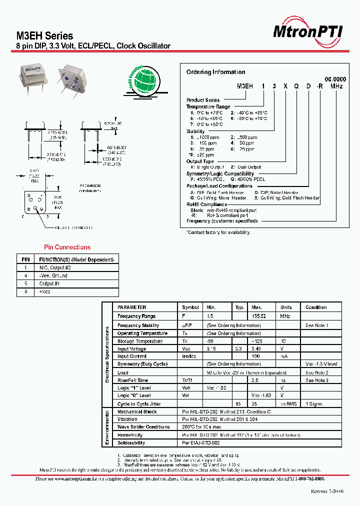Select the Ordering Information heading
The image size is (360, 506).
tap(215, 72)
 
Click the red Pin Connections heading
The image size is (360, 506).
tap(67, 247)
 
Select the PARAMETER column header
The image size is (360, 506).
tap(132, 307)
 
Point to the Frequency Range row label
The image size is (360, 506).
tap(136, 316)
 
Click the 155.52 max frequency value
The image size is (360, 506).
tap(259, 316)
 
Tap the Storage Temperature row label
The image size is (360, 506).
tap(139, 341)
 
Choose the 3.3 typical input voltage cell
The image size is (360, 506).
tap(239, 349)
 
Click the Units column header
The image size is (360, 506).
tap(286, 307)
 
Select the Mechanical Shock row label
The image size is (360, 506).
tap(137, 412)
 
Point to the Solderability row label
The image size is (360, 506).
tap(131, 442)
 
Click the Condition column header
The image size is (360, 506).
tap(316, 307)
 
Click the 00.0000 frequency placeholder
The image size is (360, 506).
tap(335, 79)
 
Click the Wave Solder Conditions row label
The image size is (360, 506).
tap(143, 427)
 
